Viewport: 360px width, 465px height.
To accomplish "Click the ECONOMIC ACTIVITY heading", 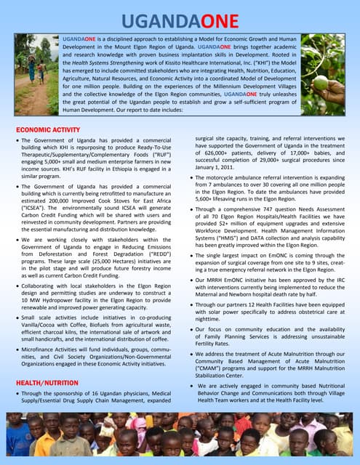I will pyautogui.click(x=48, y=129).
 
